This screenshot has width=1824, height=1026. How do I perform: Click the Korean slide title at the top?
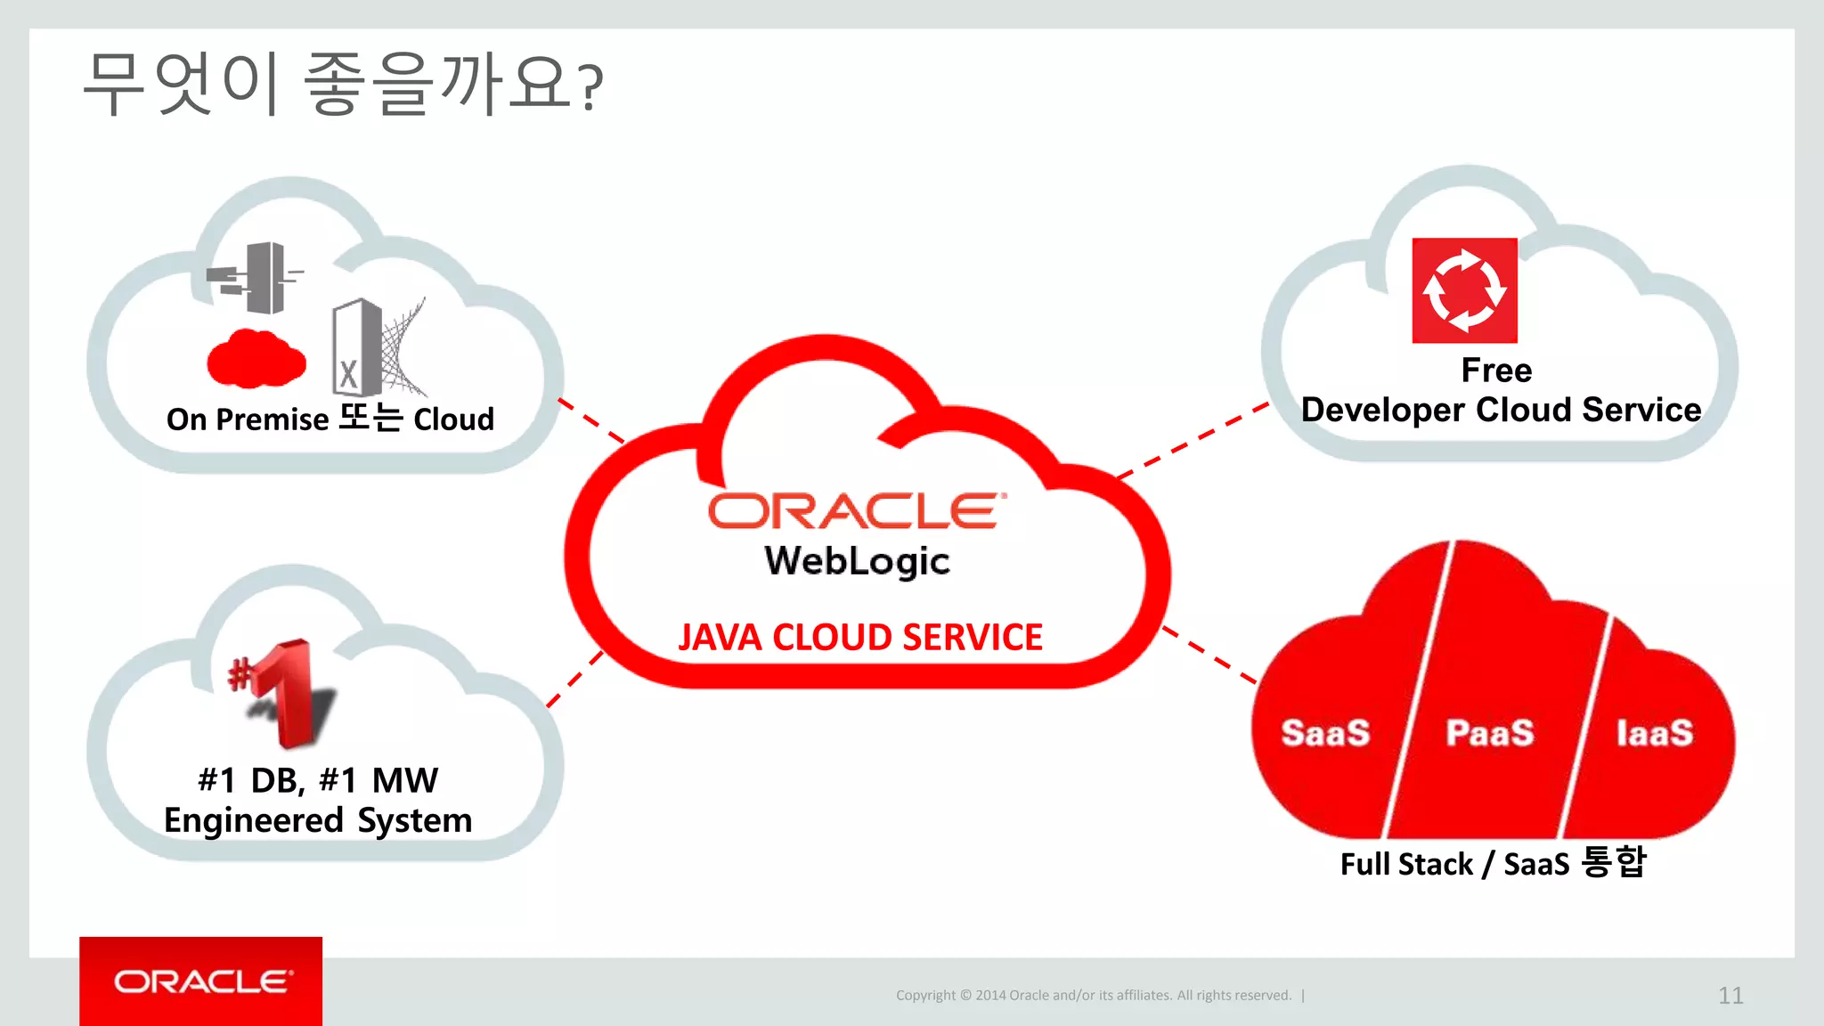coord(343,85)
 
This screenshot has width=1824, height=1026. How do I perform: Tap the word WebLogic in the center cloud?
coord(857,561)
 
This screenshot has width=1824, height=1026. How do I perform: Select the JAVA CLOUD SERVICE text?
coord(859,638)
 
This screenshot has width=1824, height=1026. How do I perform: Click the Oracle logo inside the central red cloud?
coord(857,511)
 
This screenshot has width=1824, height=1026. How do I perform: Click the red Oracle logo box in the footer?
coord(201,981)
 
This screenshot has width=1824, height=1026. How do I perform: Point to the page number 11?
coord(1730,995)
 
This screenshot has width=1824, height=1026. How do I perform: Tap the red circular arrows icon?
coord(1464,290)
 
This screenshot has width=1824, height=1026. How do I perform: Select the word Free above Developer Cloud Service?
coord(1496,370)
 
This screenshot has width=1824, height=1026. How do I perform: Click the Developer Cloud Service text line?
coord(1501,410)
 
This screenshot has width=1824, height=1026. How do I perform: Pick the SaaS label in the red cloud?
coord(1325,733)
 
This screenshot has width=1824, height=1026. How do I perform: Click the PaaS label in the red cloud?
coord(1490,733)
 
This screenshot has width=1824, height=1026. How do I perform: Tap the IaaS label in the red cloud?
coord(1655,733)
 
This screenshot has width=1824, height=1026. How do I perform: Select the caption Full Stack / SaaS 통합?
coord(1493,863)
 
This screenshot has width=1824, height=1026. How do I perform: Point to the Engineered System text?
coord(318,820)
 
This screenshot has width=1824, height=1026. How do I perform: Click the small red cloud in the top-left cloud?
coord(256,359)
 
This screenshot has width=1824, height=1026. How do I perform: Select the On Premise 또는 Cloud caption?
coord(330,419)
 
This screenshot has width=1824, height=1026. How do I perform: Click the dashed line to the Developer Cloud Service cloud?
coord(1193,439)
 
